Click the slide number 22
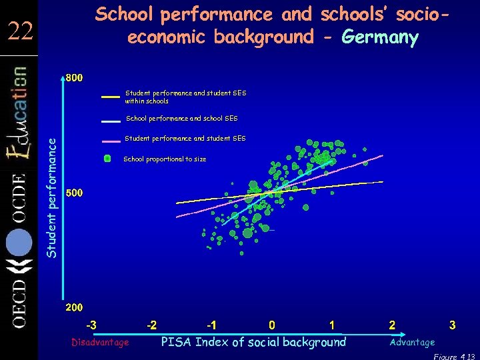click(21, 31)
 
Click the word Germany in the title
click(380, 37)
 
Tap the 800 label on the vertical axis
click(74, 78)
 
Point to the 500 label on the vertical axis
click(74, 193)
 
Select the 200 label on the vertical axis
click(74, 308)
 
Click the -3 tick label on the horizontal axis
click(91, 325)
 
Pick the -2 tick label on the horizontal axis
click(152, 325)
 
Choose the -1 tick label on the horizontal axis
click(211, 325)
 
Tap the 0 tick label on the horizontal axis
click(272, 325)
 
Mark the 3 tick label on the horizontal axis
click(452, 325)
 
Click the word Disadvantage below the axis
click(100, 342)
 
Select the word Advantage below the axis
click(412, 342)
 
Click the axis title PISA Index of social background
click(254, 342)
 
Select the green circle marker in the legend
click(107, 159)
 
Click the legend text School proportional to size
click(165, 159)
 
